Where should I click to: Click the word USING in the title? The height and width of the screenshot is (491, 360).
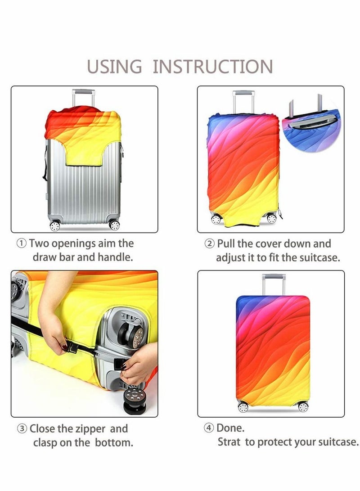coord(114,67)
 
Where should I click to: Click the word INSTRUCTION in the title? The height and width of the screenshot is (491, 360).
coord(213,67)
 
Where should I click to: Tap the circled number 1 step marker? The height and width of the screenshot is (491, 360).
coord(22,244)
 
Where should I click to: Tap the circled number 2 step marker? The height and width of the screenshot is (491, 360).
coord(210,244)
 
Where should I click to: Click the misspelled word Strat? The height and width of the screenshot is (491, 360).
coord(229,442)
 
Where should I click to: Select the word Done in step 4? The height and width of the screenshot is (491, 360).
coord(230,428)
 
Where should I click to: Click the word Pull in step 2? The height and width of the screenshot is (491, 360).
coord(226,244)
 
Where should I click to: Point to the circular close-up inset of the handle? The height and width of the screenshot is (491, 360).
coord(311,125)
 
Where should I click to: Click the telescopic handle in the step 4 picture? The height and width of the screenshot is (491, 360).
coord(270,284)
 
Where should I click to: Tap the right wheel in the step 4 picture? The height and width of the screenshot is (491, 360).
coord(302,407)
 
